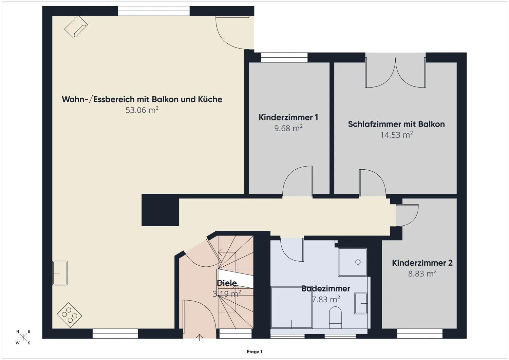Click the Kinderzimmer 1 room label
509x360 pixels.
click(x=288, y=117)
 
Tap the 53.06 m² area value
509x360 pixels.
click(x=142, y=110)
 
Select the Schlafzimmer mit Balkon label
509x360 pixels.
click(x=396, y=124)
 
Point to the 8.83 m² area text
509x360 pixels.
click(x=422, y=273)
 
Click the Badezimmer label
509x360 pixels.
click(x=325, y=289)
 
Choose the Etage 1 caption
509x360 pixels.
click(x=254, y=352)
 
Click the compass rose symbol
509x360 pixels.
click(x=23, y=337)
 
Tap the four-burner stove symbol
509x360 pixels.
click(x=69, y=315)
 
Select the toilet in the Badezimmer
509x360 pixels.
click(x=335, y=317)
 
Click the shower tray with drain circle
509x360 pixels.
click(x=353, y=262)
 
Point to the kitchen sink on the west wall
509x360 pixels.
click(x=60, y=273)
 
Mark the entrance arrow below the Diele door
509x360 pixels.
click(x=200, y=337)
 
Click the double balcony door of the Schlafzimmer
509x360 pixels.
click(x=395, y=73)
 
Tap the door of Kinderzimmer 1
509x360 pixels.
click(x=298, y=182)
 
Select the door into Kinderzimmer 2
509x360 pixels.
click(x=407, y=215)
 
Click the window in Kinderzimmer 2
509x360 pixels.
click(x=420, y=334)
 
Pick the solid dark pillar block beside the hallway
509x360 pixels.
click(x=160, y=210)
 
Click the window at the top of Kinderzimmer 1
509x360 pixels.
click(x=284, y=57)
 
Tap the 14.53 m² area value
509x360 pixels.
click(x=396, y=135)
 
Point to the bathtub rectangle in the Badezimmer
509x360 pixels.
click(x=291, y=307)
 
